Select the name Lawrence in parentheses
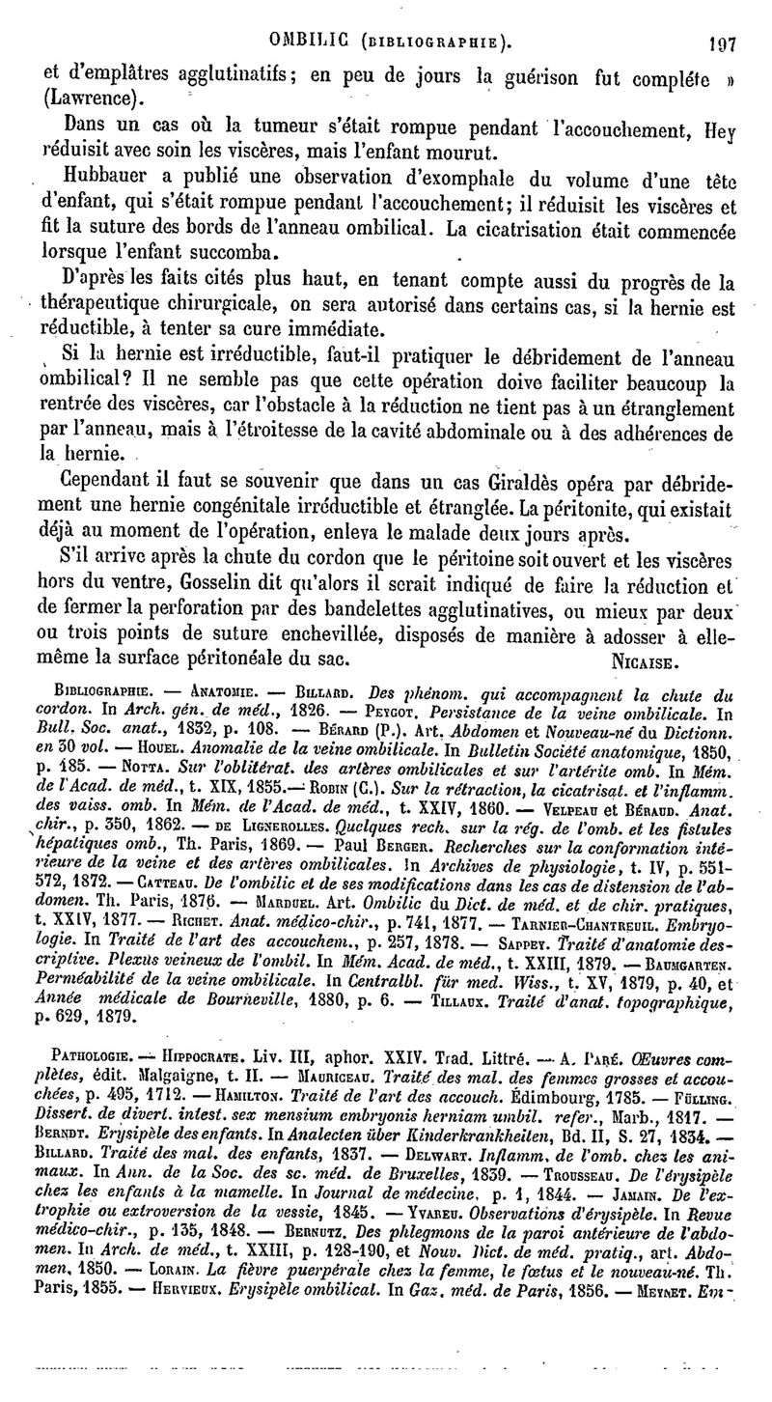coord(89,97)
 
